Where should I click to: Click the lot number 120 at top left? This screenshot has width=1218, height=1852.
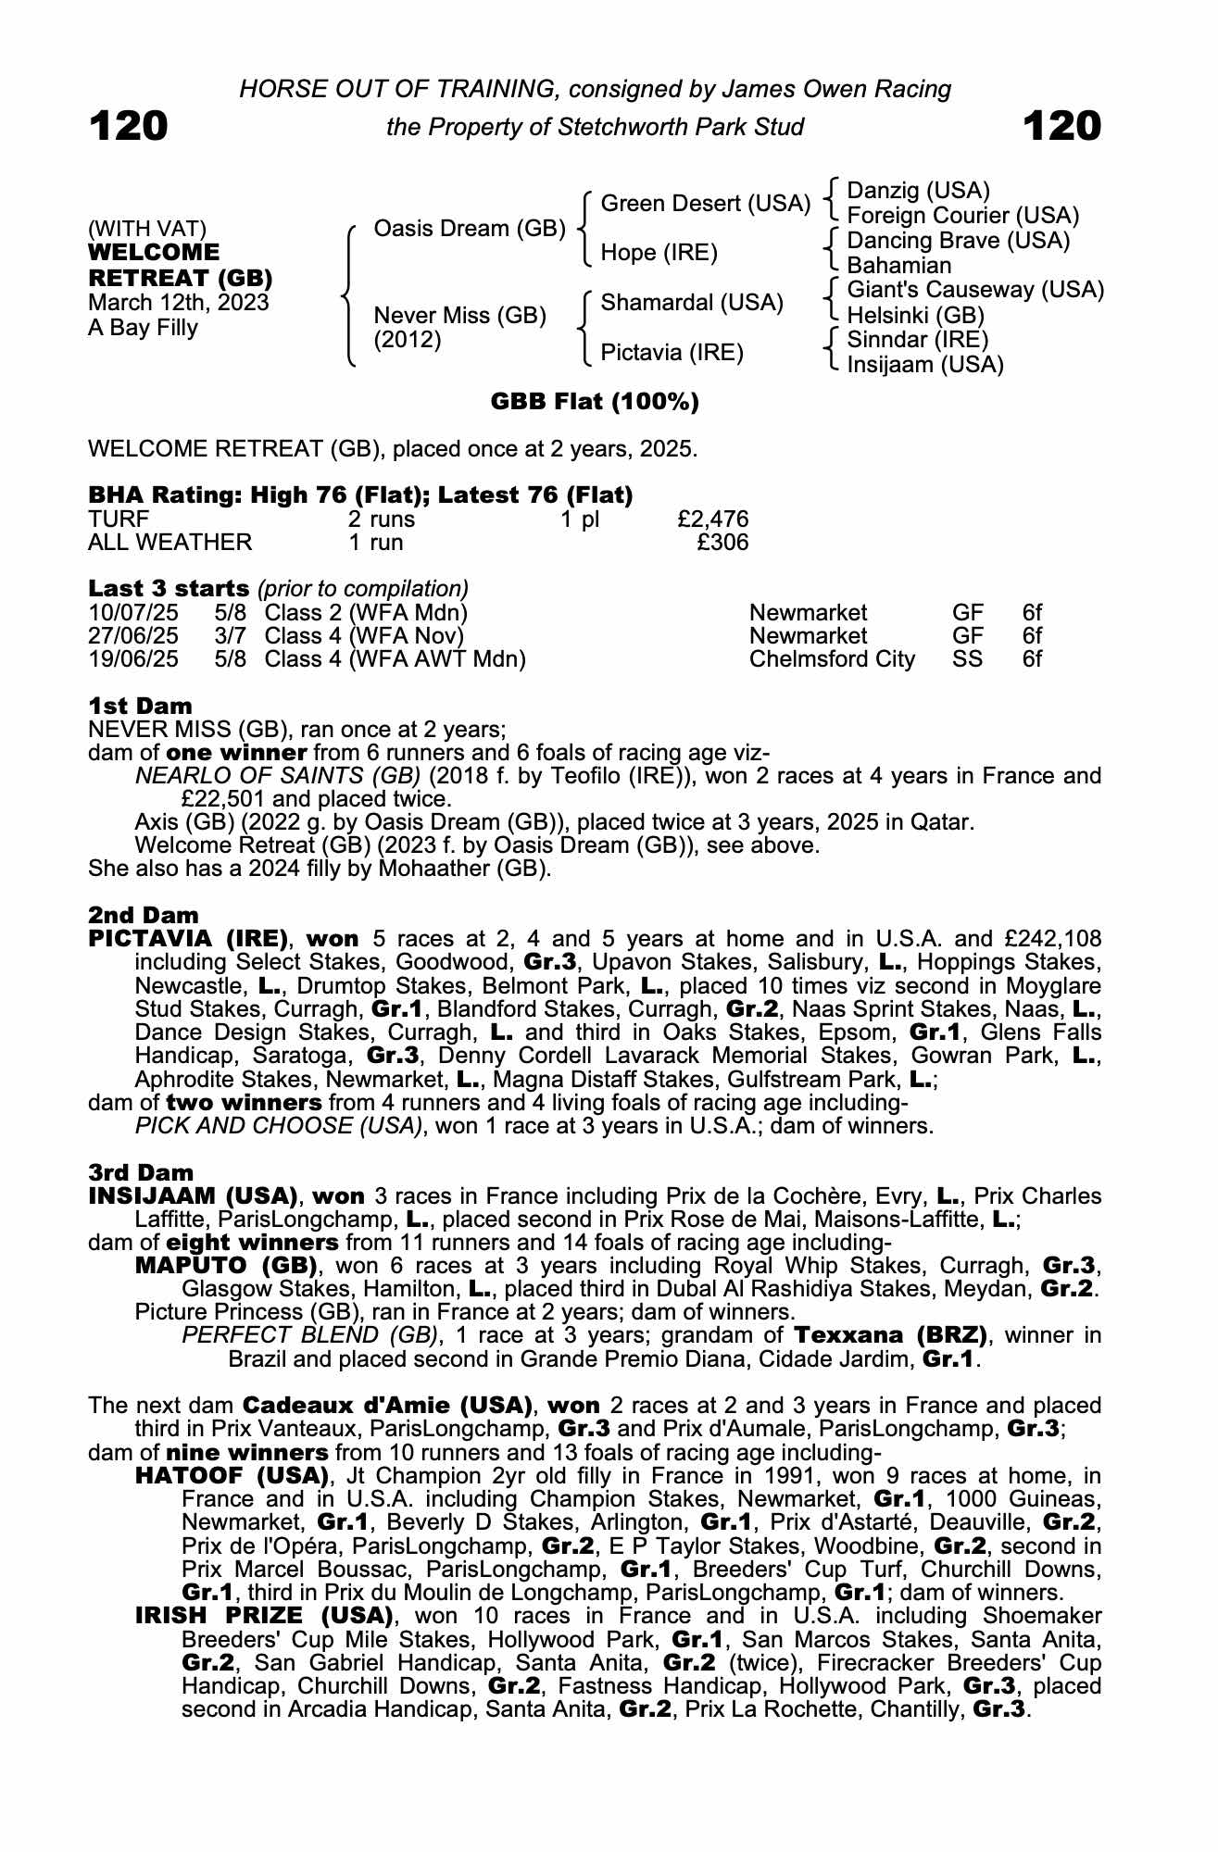[x=128, y=126]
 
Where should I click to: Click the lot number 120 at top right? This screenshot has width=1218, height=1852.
[x=1062, y=126]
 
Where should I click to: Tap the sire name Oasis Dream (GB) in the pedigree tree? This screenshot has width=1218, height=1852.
[x=469, y=228]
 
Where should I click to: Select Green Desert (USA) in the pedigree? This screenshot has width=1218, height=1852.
[x=705, y=204]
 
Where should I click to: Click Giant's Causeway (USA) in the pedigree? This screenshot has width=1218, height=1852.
[x=975, y=290]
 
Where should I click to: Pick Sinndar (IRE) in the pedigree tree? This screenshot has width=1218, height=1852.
[x=917, y=340]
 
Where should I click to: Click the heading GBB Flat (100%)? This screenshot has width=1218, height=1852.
[x=595, y=402]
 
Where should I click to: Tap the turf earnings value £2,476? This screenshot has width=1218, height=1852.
[x=713, y=519]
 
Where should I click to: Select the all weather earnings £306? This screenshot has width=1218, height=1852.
[x=722, y=543]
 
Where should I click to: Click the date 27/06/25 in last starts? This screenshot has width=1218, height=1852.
[x=133, y=636]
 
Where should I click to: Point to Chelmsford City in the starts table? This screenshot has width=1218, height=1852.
[x=832, y=659]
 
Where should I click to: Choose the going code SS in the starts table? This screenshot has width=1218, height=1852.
[x=968, y=659]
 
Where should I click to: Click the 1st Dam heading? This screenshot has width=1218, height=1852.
[x=140, y=707]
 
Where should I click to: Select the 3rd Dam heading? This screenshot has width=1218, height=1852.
[x=141, y=1173]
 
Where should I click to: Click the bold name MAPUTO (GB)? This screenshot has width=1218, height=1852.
[x=227, y=1266]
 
